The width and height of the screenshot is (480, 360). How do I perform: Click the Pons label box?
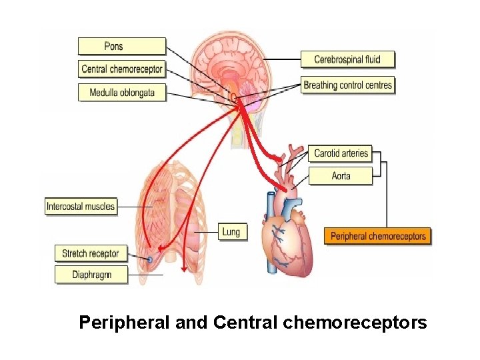(121, 46)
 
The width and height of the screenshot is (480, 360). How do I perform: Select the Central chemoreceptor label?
(121, 69)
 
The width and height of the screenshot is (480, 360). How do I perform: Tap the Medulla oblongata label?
(121, 92)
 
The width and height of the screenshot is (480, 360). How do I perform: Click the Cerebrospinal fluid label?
(347, 59)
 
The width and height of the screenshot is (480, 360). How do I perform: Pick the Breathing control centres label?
(347, 85)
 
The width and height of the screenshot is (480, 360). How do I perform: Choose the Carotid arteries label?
(340, 153)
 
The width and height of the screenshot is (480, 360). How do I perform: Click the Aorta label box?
(340, 176)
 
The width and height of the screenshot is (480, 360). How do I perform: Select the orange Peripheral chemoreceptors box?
(378, 236)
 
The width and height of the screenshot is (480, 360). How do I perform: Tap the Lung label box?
(231, 232)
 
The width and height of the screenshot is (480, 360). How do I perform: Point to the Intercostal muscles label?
(81, 207)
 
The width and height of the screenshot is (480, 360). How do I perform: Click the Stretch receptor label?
(90, 253)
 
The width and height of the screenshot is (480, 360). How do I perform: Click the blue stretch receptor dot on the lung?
(150, 259)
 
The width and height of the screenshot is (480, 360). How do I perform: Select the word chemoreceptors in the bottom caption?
(355, 323)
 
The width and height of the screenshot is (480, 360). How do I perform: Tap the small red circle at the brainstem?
(234, 97)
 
